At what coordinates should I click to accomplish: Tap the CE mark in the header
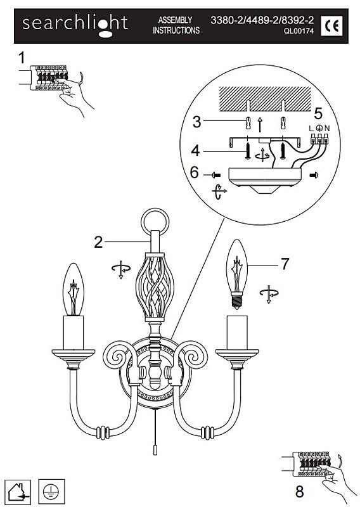click(x=331, y=25)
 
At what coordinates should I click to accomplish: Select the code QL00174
click(x=299, y=32)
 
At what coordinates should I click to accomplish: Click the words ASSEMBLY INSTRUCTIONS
click(x=176, y=25)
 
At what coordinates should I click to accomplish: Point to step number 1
click(x=22, y=58)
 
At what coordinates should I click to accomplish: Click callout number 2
click(x=98, y=242)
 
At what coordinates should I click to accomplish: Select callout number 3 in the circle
click(x=196, y=122)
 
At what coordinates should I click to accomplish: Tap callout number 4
click(x=196, y=151)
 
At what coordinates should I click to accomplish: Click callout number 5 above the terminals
click(x=318, y=114)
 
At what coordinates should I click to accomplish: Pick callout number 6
click(x=194, y=172)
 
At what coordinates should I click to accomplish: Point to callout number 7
click(x=285, y=264)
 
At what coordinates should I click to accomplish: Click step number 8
click(x=300, y=492)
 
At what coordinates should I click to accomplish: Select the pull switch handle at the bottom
click(x=155, y=450)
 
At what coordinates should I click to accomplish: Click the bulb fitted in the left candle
click(x=73, y=290)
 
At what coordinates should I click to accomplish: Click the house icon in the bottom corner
click(x=18, y=492)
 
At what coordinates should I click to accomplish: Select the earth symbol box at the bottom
click(x=51, y=492)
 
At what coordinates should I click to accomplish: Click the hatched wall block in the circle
click(x=265, y=99)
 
